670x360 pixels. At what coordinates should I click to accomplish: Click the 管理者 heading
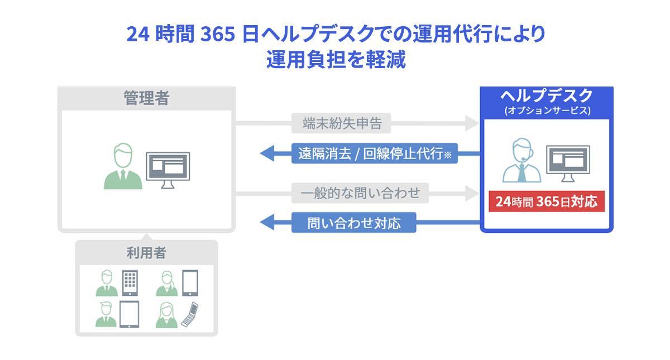tap(146, 99)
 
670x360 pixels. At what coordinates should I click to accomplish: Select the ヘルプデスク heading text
tap(547, 95)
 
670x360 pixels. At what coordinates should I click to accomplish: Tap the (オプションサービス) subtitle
tap(547, 111)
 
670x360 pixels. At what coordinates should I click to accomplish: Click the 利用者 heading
tap(146, 253)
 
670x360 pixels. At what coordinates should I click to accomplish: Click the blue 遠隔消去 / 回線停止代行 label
tap(374, 153)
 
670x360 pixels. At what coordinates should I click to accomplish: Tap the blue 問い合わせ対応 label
tap(354, 224)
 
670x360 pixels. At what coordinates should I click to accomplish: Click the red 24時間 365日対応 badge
tap(547, 201)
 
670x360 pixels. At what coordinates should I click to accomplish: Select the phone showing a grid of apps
tap(130, 283)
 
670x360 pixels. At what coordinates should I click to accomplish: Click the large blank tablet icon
tap(130, 314)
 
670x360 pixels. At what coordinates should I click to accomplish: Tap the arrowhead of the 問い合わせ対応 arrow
tap(268, 224)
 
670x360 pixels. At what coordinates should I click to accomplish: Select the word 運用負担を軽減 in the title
tap(335, 60)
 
